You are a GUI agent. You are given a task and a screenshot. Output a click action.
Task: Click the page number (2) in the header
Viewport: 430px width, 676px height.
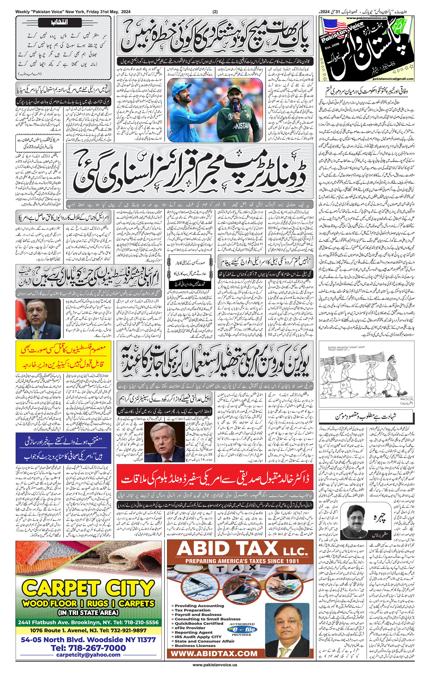coord(215,12)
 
